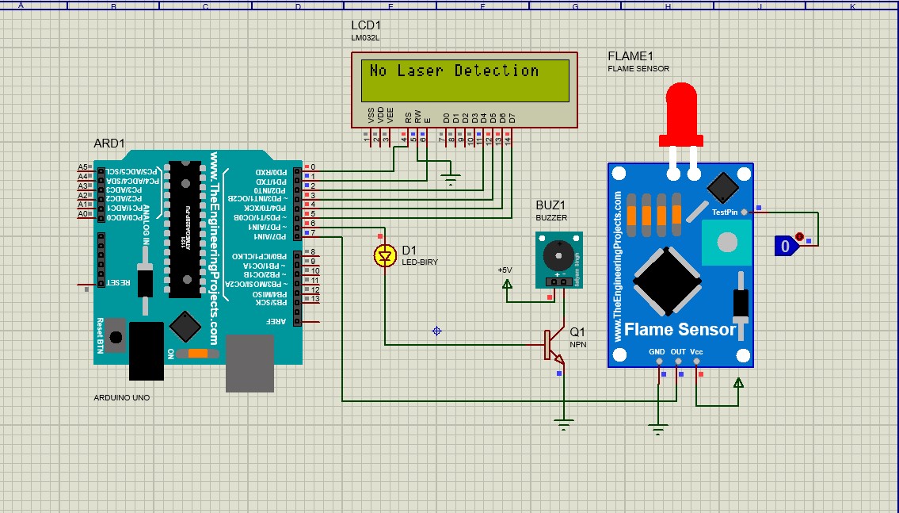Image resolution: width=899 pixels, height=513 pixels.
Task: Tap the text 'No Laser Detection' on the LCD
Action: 454,71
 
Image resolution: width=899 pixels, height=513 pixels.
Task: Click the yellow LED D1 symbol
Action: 385,256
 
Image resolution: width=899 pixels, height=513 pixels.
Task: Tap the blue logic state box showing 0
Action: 785,247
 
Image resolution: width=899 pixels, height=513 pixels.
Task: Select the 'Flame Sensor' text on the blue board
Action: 680,329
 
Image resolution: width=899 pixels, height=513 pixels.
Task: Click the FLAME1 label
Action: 630,56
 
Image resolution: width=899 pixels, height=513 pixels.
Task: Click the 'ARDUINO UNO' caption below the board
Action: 121,397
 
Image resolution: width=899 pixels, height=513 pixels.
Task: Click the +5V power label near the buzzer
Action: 505,270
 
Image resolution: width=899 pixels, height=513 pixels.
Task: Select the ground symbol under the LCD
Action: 451,182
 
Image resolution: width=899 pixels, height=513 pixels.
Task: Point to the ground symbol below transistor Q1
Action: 563,424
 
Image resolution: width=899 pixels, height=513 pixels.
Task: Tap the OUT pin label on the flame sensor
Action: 678,351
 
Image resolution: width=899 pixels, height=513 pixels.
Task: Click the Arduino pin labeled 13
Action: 314,299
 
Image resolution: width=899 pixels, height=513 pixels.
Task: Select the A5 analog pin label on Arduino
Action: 82,167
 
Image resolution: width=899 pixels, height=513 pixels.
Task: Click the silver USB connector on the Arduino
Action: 250,363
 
